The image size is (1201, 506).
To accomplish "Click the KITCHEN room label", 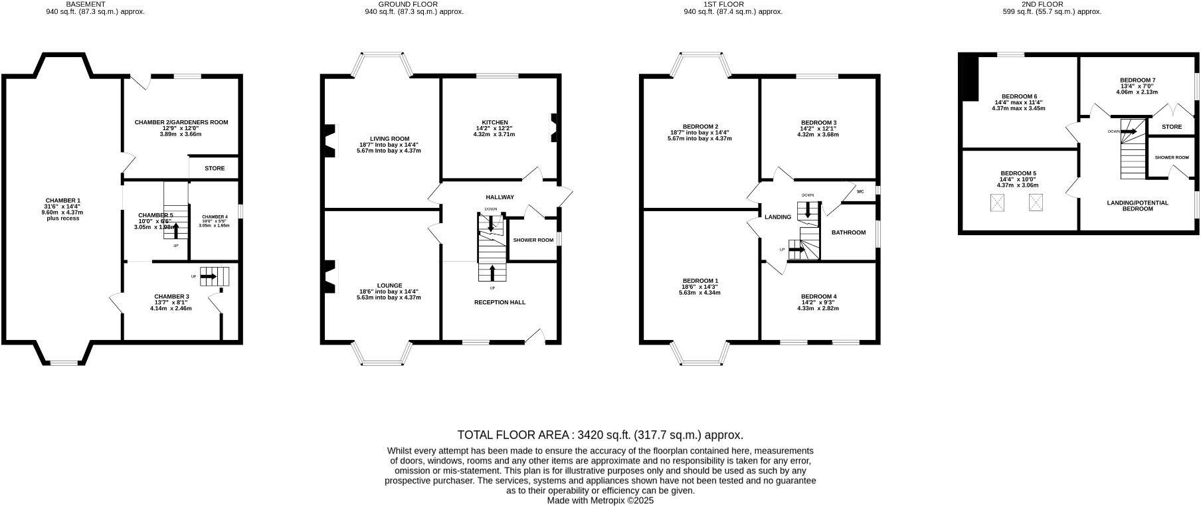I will click(495, 122).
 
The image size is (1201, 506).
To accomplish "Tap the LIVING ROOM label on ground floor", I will click(389, 139).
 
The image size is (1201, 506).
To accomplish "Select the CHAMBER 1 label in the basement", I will click(62, 201).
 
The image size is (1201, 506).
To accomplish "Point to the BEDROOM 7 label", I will click(1137, 80).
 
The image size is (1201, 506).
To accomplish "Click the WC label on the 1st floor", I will click(860, 192).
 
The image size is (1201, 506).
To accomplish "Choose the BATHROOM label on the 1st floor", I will click(848, 232).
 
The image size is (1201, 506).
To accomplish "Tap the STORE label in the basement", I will click(215, 168).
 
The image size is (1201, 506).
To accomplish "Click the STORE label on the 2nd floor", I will click(1172, 127).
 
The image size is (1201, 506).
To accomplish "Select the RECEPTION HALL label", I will click(500, 302).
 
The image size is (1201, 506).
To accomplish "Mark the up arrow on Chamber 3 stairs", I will click(209, 276).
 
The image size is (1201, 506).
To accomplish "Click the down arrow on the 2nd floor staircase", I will click(1128, 131).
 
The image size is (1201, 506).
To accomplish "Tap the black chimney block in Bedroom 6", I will click(971, 78).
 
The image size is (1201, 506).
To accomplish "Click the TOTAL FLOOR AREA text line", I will click(600, 435).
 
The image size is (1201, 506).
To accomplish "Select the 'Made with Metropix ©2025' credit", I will click(600, 501).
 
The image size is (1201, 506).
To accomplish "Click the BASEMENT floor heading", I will click(85, 4).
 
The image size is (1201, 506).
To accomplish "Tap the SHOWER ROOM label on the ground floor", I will click(533, 240).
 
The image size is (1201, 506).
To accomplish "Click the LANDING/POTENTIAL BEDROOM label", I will click(1137, 205).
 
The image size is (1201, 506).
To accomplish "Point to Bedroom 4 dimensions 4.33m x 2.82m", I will click(818, 308).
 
